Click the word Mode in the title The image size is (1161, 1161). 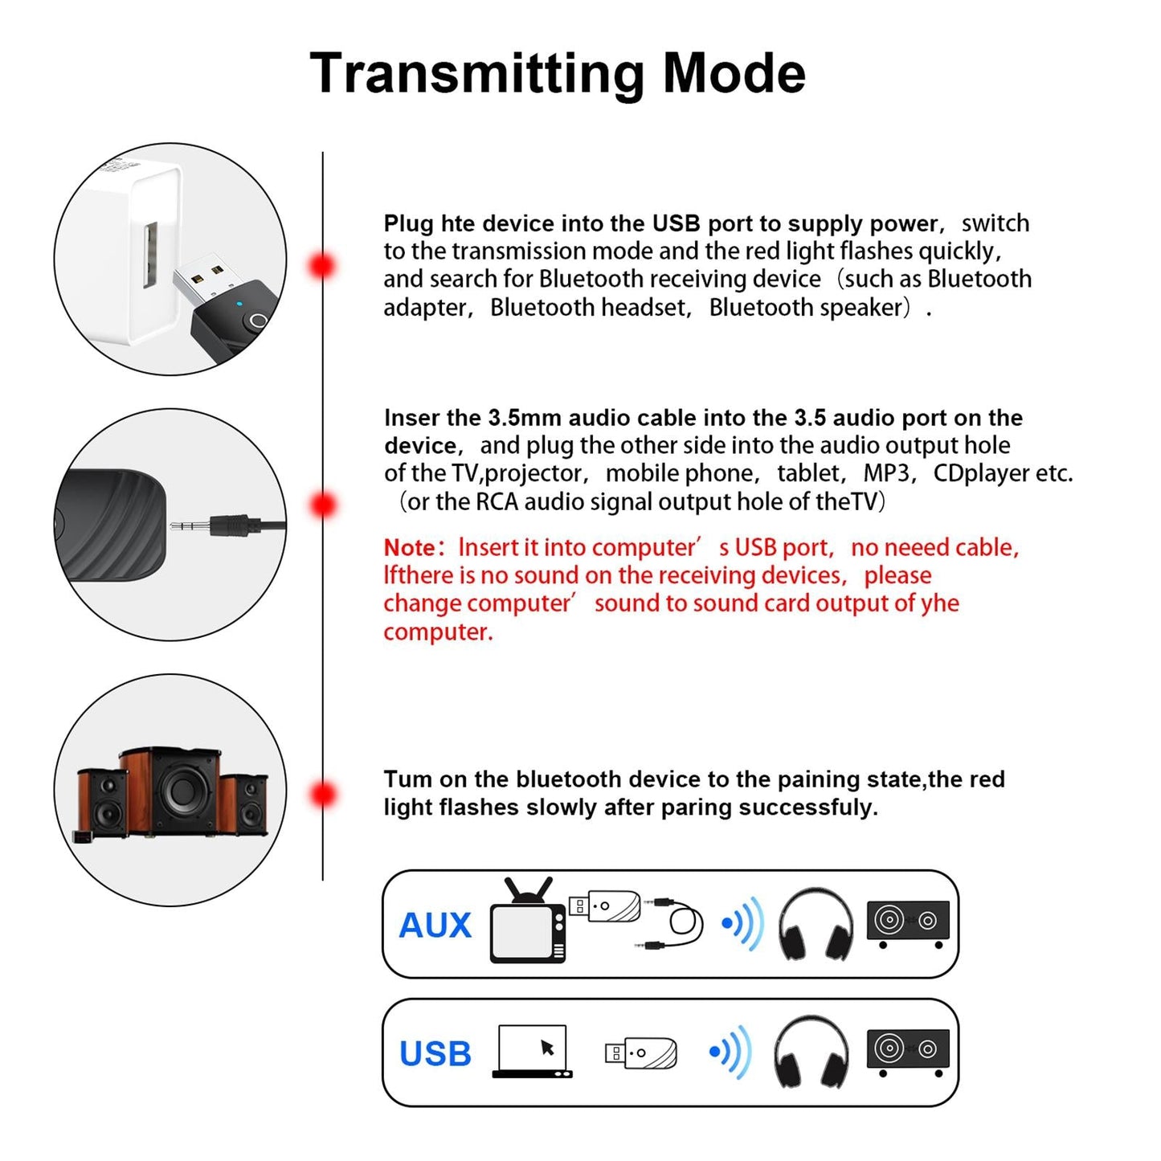733,74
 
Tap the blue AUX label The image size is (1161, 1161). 435,926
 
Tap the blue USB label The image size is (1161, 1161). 435,1053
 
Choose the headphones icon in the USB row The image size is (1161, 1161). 811,1053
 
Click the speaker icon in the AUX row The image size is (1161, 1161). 908,922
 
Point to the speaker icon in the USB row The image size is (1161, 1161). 908,1050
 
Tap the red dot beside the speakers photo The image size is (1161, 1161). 323,794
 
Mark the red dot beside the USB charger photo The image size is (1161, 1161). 323,265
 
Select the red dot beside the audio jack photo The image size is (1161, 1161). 323,505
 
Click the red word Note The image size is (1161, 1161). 410,548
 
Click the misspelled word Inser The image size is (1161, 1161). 411,418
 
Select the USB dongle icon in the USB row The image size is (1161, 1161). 640,1053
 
